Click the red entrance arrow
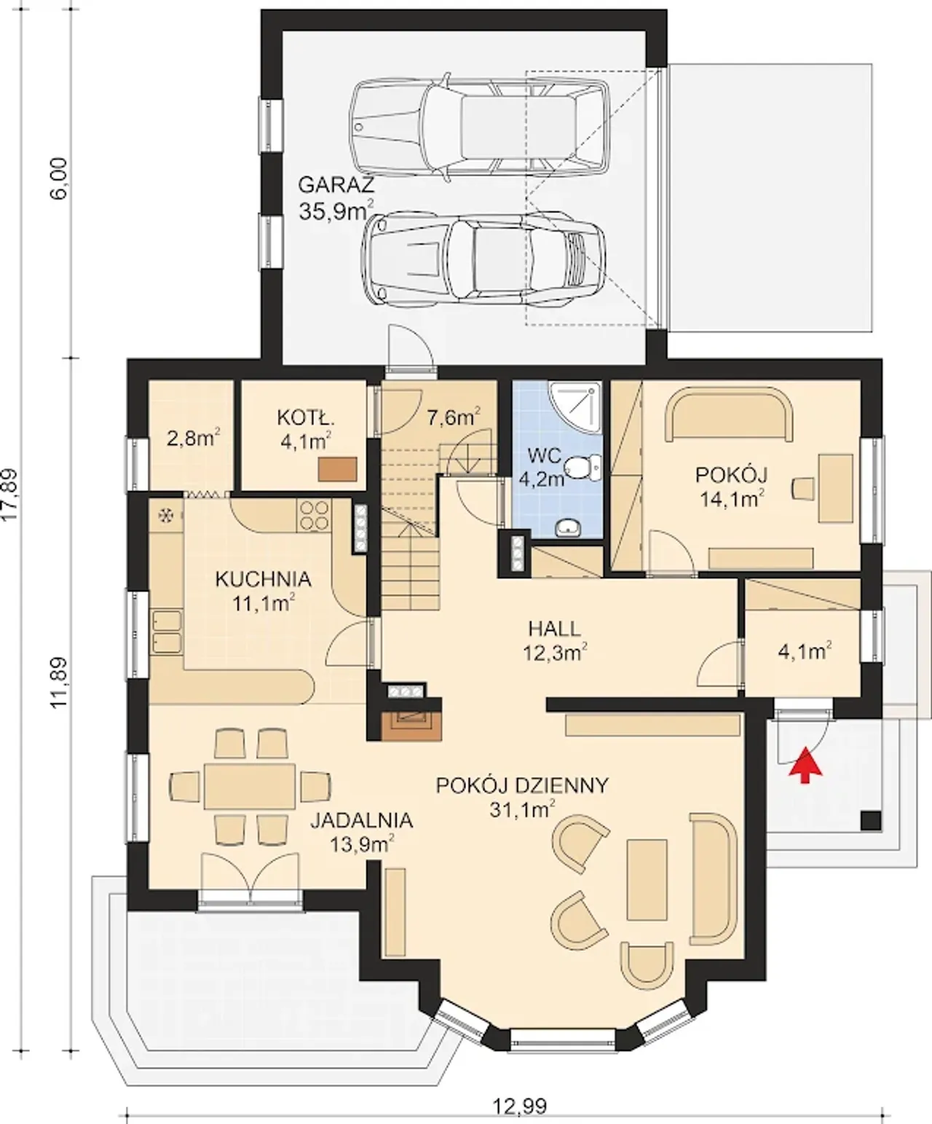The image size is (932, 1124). [x=805, y=764]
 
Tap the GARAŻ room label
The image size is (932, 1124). [x=336, y=185]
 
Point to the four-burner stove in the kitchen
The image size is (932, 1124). [x=314, y=516]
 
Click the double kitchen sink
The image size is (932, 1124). [x=166, y=632]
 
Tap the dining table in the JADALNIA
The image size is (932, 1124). [x=249, y=785]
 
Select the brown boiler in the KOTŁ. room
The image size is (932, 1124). [x=337, y=469]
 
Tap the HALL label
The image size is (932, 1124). [x=554, y=628]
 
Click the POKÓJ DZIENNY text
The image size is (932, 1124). [x=521, y=785]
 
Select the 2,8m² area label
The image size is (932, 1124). [x=193, y=439]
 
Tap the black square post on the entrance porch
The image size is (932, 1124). [x=871, y=821]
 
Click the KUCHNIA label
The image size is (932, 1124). [x=263, y=579]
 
